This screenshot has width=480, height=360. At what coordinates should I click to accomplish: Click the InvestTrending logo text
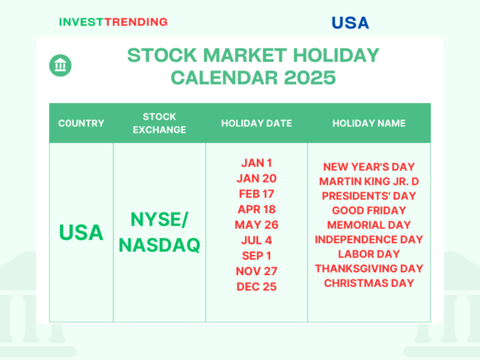(x=113, y=22)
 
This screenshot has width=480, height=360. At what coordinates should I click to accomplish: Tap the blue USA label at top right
(x=350, y=23)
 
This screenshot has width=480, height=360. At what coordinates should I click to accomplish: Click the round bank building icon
(x=61, y=65)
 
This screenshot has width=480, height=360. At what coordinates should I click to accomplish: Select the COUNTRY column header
(x=81, y=123)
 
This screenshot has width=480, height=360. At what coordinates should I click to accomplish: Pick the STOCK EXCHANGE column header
(x=159, y=123)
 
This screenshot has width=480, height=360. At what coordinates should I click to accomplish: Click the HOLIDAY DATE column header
(x=256, y=123)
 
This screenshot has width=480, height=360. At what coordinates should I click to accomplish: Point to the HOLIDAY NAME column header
(x=369, y=123)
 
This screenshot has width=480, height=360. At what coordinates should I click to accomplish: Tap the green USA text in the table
(x=81, y=232)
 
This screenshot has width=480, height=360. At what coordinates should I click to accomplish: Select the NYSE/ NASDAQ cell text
(x=159, y=232)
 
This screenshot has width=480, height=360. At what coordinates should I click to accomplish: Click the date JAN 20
(x=256, y=178)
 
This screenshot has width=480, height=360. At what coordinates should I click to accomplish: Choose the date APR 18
(x=256, y=209)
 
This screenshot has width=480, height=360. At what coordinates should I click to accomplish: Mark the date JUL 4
(x=256, y=240)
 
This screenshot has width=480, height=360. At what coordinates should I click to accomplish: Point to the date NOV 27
(x=256, y=271)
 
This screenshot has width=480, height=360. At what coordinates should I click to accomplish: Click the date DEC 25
(x=256, y=287)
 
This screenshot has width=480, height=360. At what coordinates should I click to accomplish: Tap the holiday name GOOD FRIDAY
(x=369, y=211)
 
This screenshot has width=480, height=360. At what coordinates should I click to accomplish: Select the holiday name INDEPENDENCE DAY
(x=369, y=239)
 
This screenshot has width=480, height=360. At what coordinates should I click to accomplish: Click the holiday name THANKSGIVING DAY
(x=369, y=269)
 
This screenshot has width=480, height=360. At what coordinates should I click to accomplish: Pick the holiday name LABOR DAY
(x=369, y=254)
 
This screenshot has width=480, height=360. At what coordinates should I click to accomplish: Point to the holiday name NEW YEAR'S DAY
(x=369, y=167)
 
